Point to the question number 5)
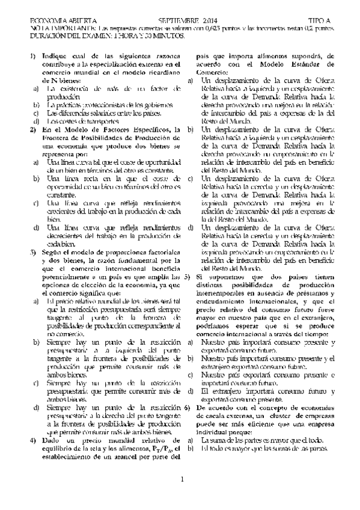pos(188,277)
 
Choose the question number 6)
pos(188,407)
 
